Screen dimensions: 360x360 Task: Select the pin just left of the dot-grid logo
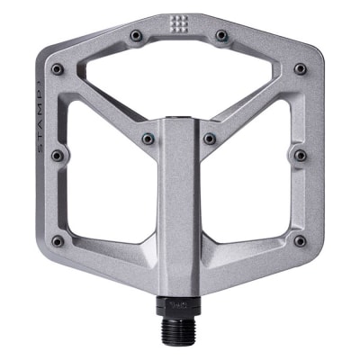pos(136,35)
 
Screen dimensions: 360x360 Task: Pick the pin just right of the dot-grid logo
pos(221,35)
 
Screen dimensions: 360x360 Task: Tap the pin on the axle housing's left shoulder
pos(148,139)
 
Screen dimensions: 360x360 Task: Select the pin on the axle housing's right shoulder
pos(211,139)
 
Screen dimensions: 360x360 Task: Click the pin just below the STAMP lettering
pos(58,156)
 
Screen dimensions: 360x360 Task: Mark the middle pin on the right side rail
pos(301,156)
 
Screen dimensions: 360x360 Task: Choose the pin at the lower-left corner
pos(58,241)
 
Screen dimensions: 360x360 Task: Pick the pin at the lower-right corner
pos(300,241)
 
